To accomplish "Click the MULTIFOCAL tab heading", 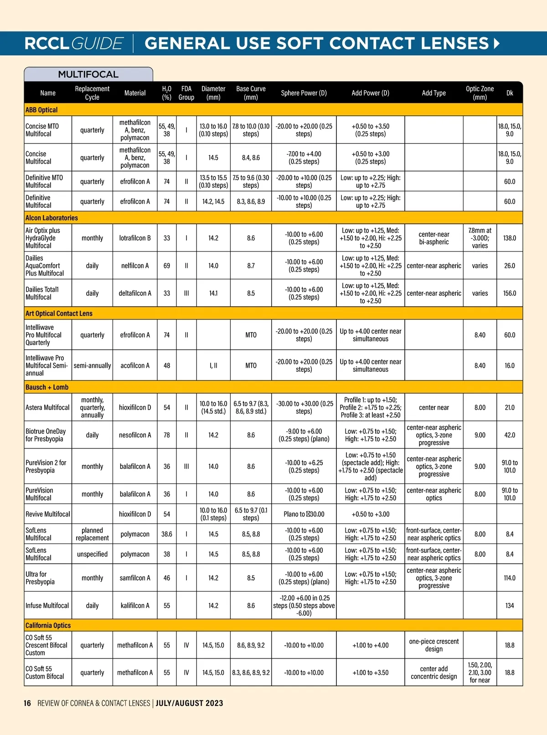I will pos(88,74).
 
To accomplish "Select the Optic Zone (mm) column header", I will pos(480,93).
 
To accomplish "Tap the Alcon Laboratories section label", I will pos(52,218).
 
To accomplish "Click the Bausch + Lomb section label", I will pos(47,387).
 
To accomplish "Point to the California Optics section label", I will pos(48,625).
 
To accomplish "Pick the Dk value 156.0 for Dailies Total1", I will pos(509,293).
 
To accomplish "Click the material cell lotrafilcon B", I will pos(135,238).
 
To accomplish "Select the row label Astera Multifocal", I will pos(47,407).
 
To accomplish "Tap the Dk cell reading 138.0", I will pos(509,238).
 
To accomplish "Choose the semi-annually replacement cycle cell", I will pos(92,365).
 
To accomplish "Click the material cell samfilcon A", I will pos(135,578).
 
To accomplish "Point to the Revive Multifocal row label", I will pos(47,514).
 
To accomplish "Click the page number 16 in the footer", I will pos(27,703).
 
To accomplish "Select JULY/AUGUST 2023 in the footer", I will pos(189,703).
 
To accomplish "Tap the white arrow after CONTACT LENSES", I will pos(496,43).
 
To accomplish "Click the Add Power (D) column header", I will pos(370,93).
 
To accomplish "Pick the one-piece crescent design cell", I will pos(433,645).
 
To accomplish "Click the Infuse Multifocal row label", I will pos(47,606).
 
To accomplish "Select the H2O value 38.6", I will pos(167,534).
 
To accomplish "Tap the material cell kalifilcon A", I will pos(135,606).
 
